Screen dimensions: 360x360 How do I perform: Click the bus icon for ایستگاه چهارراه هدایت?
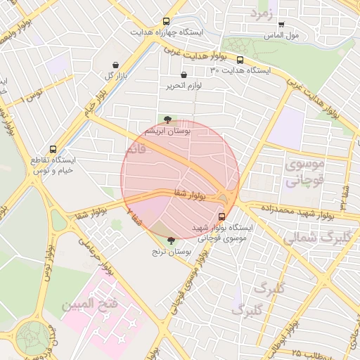[x=166, y=22]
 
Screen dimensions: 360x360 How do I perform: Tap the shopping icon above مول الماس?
[x=281, y=25]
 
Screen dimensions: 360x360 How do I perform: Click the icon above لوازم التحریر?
[x=184, y=75]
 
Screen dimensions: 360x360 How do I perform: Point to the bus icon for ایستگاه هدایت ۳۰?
[x=240, y=60]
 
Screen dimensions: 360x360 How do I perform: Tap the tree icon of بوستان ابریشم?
[x=167, y=120]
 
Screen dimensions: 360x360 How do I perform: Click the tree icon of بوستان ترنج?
[x=171, y=240]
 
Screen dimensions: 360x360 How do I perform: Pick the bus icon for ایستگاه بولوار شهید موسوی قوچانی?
[x=223, y=216]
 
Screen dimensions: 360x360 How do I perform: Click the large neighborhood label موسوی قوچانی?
[x=304, y=172]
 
